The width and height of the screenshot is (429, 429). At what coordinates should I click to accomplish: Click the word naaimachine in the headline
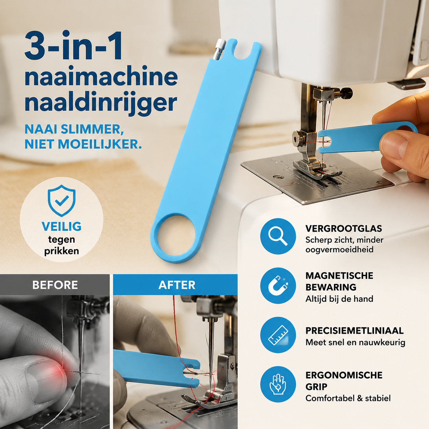pos(101,76)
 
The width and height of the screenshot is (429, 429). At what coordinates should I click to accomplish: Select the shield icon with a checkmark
pos(62,200)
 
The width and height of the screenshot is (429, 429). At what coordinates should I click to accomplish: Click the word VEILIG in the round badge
pos(62,226)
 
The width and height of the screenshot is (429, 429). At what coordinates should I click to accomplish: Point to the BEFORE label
pos(55,285)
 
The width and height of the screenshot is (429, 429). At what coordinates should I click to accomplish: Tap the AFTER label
pos(177,285)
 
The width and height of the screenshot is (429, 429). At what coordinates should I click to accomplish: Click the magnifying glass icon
pos(278,236)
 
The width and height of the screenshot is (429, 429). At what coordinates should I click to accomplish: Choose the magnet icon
pos(278,285)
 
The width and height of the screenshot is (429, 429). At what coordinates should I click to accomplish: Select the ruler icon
pos(278,335)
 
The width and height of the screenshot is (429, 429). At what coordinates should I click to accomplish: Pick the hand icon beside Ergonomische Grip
pos(278,384)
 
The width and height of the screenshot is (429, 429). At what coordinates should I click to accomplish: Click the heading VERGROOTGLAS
pos(344,229)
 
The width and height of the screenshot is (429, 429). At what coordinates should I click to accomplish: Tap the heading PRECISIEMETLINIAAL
pos(354,330)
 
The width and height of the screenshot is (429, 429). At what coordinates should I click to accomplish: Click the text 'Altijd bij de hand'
pos(339,299)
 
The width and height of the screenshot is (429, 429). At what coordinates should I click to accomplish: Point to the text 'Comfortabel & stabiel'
pos(348,398)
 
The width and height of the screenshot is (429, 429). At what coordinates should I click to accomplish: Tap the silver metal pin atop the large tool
pos(219,49)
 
